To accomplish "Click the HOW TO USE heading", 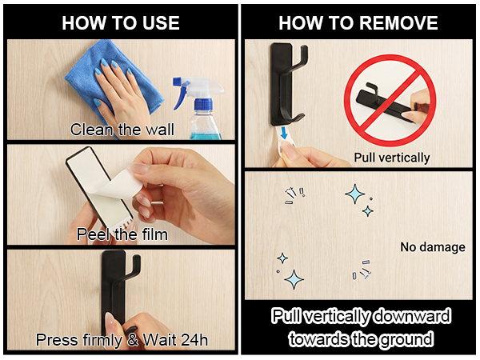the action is [x=121, y=23].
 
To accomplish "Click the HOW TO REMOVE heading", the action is [x=358, y=23].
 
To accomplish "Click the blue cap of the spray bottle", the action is [x=202, y=104].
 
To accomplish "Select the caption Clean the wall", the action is [x=122, y=130].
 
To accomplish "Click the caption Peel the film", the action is [x=122, y=234].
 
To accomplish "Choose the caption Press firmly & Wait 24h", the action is [x=122, y=340].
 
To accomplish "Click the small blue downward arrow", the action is [x=285, y=133].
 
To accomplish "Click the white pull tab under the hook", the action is [x=284, y=139].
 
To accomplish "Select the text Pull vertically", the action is [x=392, y=158].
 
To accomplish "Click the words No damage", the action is [x=433, y=247].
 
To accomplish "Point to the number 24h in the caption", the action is [x=194, y=339].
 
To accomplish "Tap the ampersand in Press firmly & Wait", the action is [x=133, y=340].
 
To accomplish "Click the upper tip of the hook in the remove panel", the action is [x=305, y=46].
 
